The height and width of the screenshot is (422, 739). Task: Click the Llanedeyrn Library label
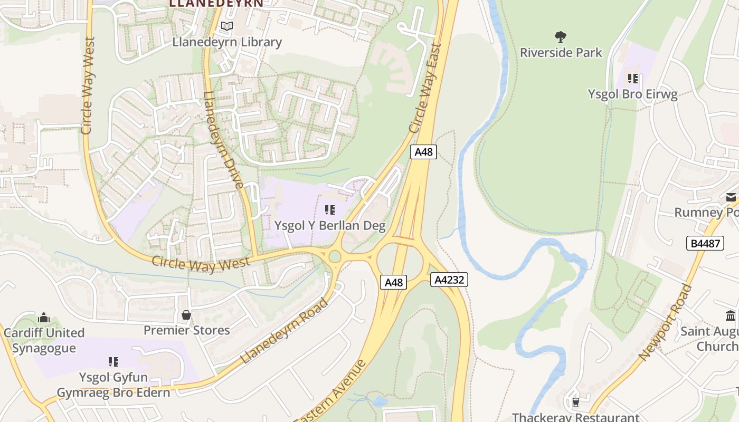click(x=227, y=42)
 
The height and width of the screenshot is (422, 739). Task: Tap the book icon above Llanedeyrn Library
click(x=227, y=26)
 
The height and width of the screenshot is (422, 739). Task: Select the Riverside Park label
click(x=561, y=53)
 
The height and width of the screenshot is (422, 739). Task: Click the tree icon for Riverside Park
click(x=561, y=36)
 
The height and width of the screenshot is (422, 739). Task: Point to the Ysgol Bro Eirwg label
click(x=633, y=94)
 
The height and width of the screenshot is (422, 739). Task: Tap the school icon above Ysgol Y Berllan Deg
click(x=330, y=210)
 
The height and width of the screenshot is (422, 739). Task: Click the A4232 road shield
click(x=449, y=280)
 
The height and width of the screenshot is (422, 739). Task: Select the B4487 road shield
click(x=705, y=243)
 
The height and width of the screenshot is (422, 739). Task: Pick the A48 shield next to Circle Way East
click(x=423, y=152)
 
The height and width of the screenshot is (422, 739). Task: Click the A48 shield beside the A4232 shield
click(x=394, y=282)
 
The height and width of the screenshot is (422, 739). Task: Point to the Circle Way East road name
click(x=425, y=88)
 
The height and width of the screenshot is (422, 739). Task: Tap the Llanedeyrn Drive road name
click(x=223, y=140)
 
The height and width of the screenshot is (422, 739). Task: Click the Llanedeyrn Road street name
click(x=285, y=331)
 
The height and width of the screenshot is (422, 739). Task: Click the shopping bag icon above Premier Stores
click(x=186, y=315)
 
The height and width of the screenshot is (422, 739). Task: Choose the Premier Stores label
click(x=187, y=330)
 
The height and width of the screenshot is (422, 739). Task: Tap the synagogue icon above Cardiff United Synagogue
click(x=44, y=318)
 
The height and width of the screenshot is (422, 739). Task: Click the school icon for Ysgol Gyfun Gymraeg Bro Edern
click(x=113, y=362)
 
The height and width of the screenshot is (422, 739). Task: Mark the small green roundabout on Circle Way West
click(x=335, y=257)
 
